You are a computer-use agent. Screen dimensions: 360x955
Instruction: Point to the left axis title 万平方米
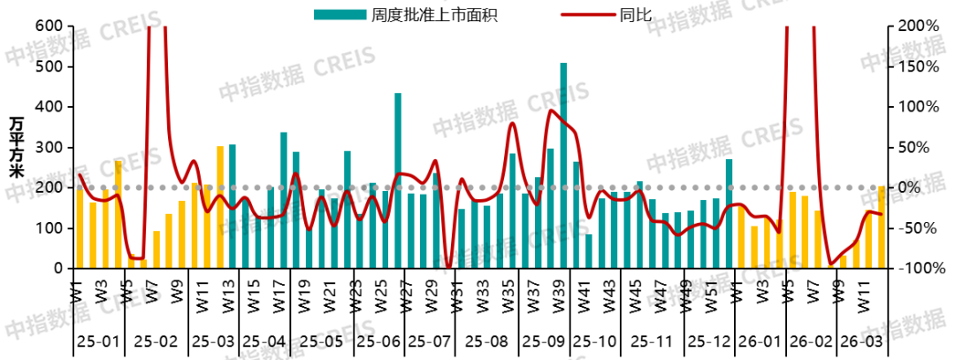tap(17, 147)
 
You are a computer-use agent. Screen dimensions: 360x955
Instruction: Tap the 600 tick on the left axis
tap(49, 27)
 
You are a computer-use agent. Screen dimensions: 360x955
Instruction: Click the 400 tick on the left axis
tap(49, 107)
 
